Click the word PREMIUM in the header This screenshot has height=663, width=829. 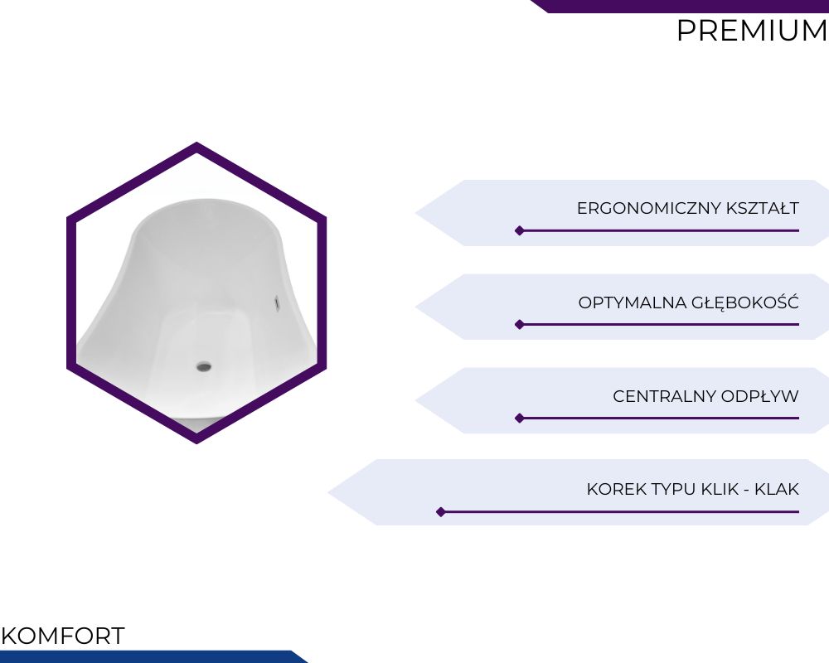[x=752, y=31]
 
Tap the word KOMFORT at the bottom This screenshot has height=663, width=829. [x=63, y=636]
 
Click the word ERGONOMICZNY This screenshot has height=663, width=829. [x=649, y=208]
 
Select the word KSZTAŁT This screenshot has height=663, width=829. [x=763, y=208]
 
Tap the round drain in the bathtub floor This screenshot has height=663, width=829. [x=204, y=365]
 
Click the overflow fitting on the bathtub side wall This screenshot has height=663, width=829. [x=277, y=303]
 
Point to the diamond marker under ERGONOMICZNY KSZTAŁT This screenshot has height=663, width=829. [x=520, y=230]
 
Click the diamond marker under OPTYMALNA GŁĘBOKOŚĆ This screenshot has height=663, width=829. [x=520, y=324]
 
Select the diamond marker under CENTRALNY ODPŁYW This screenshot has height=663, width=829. [x=520, y=419]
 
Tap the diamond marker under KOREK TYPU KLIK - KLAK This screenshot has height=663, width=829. [x=441, y=512]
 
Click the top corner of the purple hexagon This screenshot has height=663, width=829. [x=196, y=143]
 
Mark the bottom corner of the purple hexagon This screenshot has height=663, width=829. [x=196, y=443]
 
